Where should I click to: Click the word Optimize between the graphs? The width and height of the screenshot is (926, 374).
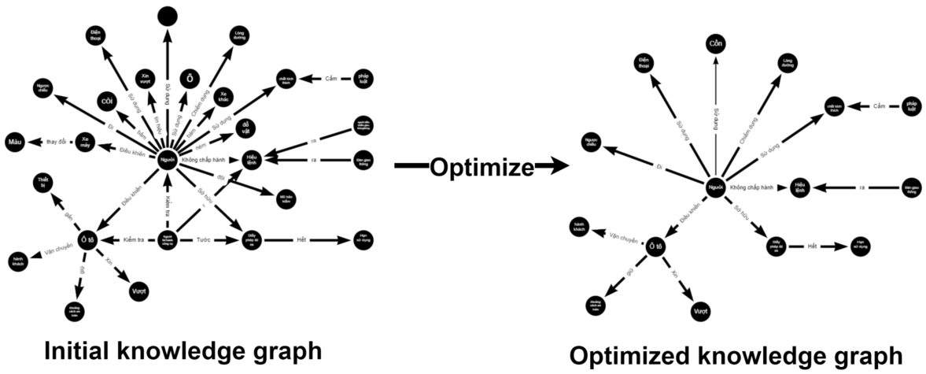click(x=481, y=167)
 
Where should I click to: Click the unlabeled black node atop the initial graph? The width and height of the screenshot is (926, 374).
click(x=167, y=15)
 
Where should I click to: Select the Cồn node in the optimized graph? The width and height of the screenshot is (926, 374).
click(x=714, y=43)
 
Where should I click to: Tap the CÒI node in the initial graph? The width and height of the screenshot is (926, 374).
click(x=107, y=100)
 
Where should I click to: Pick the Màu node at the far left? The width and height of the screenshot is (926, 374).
click(x=14, y=142)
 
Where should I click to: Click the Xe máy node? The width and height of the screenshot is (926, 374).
click(x=86, y=143)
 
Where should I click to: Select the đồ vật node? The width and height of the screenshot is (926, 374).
click(x=246, y=127)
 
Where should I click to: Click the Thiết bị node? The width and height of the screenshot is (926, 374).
click(x=44, y=184)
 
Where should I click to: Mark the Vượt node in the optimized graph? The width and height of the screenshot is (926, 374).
click(x=699, y=312)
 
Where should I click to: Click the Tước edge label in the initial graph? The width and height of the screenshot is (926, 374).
click(x=203, y=239)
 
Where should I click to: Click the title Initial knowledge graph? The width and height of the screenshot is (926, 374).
click(x=183, y=350)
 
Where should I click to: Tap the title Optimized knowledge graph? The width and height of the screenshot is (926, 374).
click(x=736, y=355)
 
